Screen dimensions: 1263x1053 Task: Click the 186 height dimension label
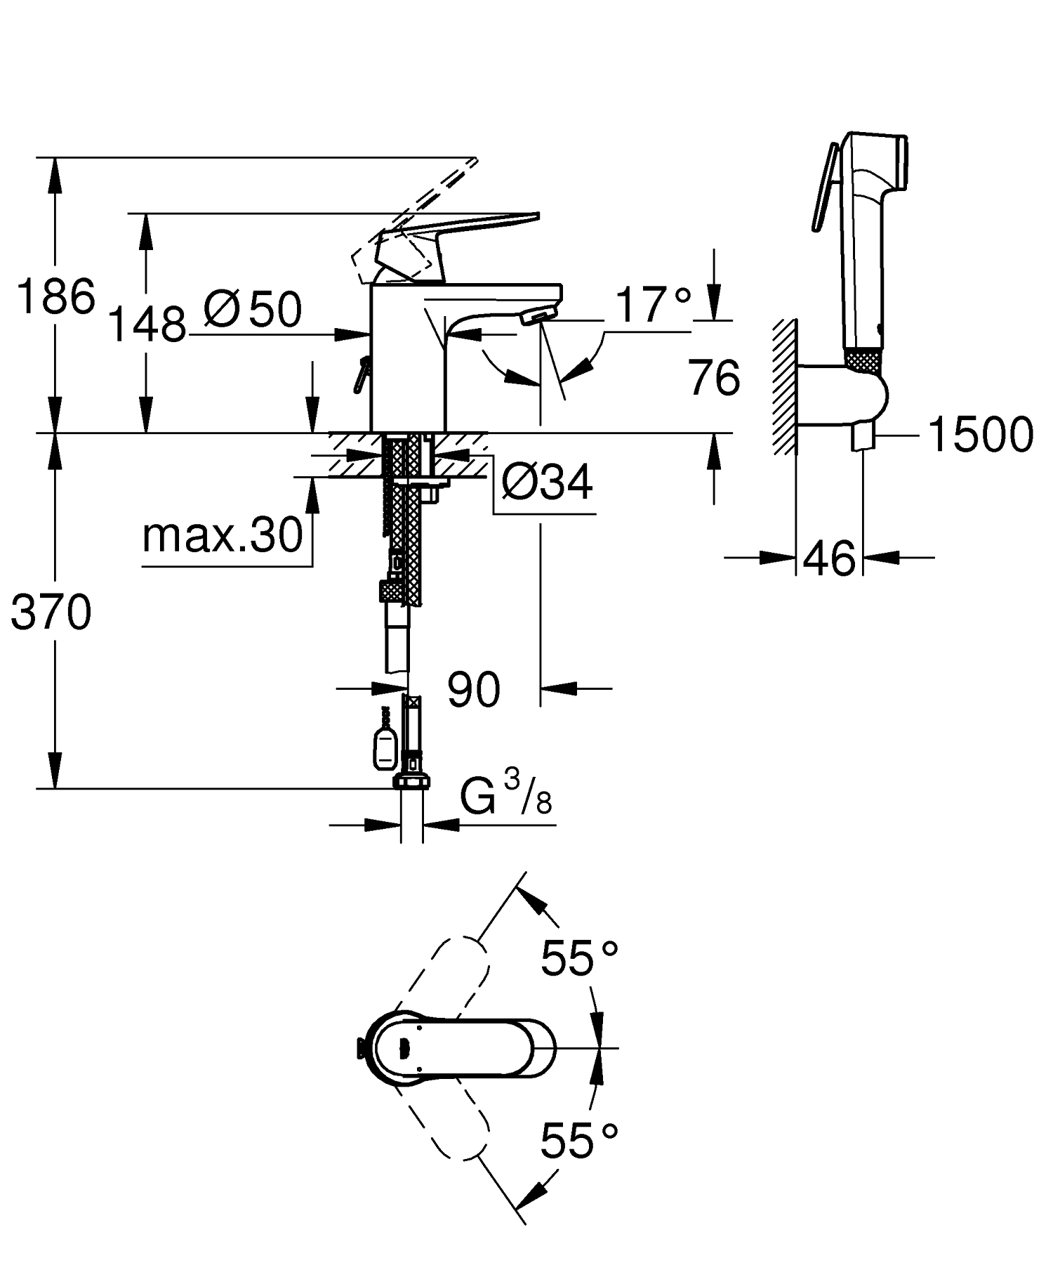point(55,296)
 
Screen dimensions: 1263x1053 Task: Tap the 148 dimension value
point(148,325)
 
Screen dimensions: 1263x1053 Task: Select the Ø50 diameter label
point(253,309)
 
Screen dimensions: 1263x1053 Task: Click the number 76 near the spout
point(714,378)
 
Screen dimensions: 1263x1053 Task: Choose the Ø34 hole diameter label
point(548,483)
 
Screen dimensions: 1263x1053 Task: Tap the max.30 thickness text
point(222,536)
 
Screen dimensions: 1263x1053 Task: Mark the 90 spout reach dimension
point(474,690)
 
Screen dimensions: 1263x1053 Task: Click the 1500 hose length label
point(980,435)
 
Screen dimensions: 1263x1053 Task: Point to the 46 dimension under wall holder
point(829,559)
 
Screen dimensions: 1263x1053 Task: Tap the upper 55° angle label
point(579,957)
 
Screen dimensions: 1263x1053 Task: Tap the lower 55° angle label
point(579,1141)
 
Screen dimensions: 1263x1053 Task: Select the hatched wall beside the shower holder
point(784,386)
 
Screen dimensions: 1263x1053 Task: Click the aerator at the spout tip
point(539,315)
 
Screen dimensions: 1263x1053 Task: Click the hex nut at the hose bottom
point(412,782)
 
